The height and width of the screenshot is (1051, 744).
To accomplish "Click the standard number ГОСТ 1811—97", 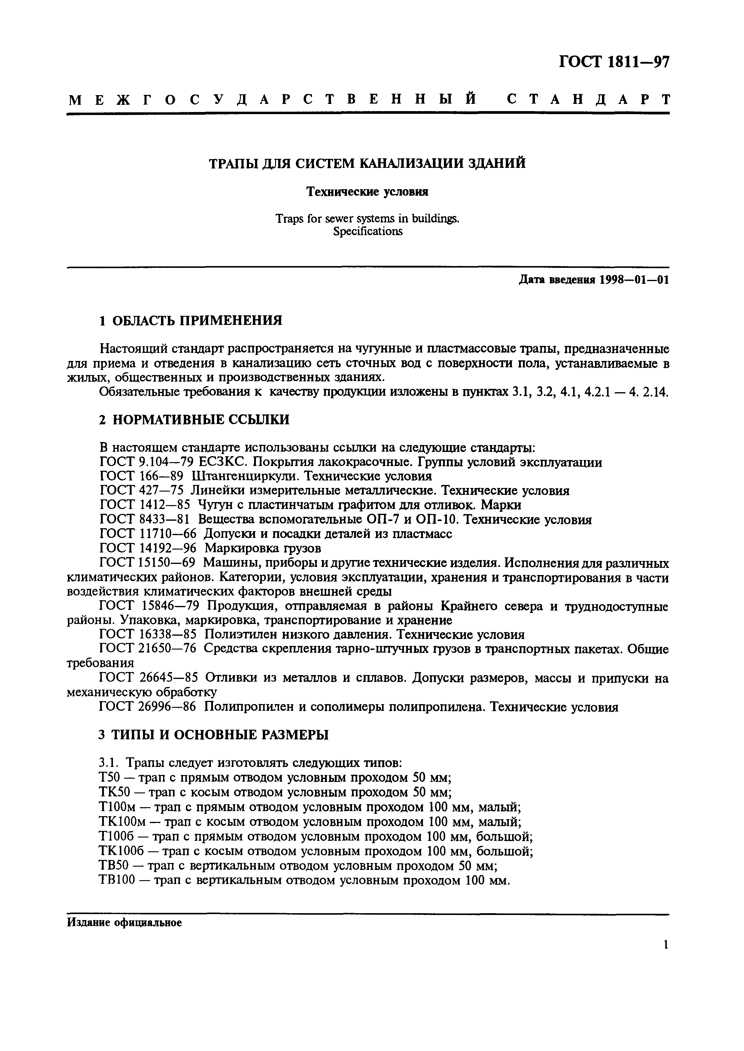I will coord(614,62).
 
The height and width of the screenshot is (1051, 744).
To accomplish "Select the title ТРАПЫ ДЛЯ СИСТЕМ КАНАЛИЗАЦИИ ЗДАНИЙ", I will coord(367,163).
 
